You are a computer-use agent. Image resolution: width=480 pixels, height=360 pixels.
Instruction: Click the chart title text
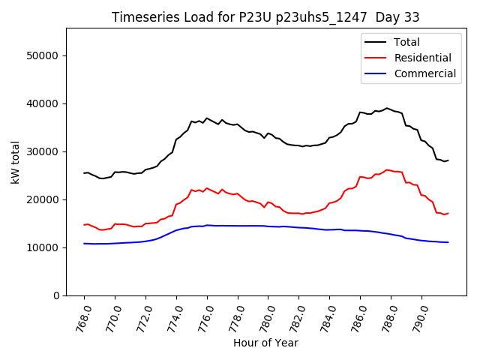click(265, 17)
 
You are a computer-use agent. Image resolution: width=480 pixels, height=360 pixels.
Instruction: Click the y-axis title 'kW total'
click(16, 162)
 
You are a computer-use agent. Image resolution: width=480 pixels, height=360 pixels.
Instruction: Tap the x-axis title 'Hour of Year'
click(265, 343)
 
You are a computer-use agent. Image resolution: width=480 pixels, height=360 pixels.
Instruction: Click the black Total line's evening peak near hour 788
click(387, 108)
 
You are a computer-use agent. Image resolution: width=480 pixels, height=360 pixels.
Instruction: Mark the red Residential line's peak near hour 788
click(387, 169)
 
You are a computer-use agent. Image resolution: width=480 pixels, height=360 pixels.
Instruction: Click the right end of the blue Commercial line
click(448, 242)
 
